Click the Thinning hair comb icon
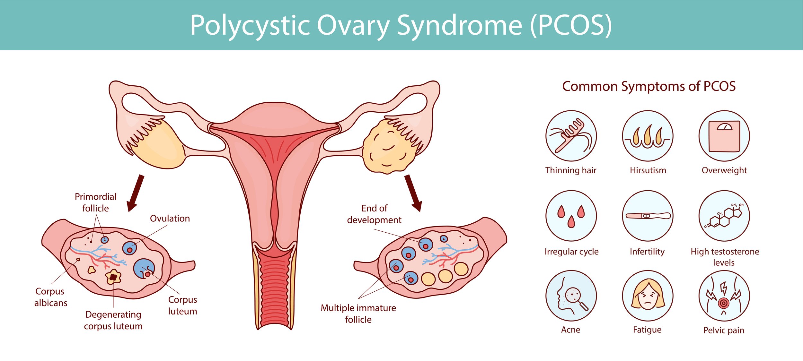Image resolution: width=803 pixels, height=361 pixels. [x=571, y=136]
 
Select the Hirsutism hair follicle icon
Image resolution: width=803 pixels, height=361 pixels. [x=648, y=136]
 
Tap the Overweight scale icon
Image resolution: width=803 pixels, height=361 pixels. [x=724, y=136]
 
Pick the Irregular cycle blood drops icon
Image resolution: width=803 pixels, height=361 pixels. [x=571, y=216]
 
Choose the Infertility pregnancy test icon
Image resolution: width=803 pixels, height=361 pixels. [x=648, y=216]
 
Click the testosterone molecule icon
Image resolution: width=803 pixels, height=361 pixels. [x=724, y=216]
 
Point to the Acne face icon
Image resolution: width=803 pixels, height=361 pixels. [x=571, y=296]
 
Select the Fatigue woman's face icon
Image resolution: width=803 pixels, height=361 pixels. [x=648, y=296]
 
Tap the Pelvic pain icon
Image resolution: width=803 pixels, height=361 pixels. [x=724, y=296]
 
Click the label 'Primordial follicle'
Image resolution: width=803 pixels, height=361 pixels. [x=95, y=202]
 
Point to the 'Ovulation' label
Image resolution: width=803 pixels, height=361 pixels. [x=170, y=219]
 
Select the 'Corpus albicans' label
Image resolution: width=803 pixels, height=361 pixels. [x=50, y=297]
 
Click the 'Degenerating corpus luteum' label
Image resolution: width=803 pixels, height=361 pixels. [x=113, y=320]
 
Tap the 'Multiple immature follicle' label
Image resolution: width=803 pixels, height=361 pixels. [x=358, y=314]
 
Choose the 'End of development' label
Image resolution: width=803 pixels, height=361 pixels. [x=374, y=214]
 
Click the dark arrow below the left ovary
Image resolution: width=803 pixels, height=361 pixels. [x=135, y=193]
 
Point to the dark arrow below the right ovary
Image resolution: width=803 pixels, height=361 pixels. [x=413, y=193]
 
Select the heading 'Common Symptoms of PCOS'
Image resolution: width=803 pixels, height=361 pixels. [x=649, y=86]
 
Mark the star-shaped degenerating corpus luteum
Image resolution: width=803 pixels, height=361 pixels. [x=113, y=277]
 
